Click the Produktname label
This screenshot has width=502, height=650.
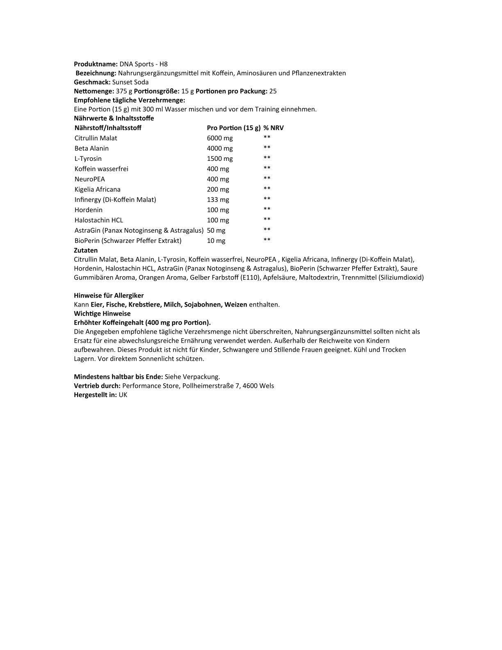96,64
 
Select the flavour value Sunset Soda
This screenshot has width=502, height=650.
130,82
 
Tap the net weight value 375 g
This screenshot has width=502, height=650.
124,91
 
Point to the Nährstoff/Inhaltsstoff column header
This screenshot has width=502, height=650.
108,128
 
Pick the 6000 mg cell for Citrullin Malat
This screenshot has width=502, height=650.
219,138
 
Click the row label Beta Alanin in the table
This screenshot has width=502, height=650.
91,148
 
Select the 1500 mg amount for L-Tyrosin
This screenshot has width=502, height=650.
219,158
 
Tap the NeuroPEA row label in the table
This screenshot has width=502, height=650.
90,179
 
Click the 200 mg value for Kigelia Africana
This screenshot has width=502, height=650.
218,189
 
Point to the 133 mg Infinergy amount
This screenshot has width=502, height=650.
218,199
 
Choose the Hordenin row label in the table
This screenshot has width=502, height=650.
89,210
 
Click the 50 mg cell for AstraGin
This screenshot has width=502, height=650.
216,230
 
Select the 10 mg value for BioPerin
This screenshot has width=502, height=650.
216,240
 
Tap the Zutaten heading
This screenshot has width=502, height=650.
86,250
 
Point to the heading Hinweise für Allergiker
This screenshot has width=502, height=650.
109,295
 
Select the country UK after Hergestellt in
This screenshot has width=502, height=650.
123,395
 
